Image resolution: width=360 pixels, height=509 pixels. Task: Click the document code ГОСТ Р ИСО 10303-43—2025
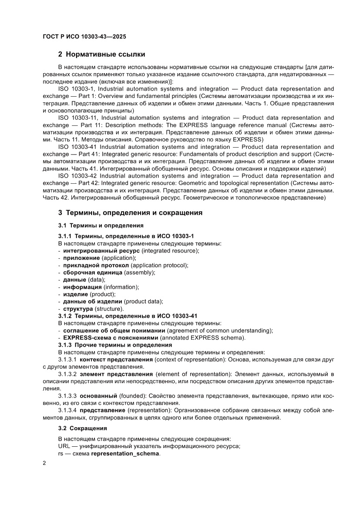(84, 37)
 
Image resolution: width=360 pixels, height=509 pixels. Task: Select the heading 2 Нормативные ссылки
(101, 54)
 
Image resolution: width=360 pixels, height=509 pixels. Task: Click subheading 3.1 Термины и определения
(101, 226)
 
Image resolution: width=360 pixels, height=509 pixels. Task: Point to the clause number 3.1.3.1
(67, 360)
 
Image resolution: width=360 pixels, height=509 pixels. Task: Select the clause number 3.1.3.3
(67, 396)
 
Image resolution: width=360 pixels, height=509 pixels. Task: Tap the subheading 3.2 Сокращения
(82, 428)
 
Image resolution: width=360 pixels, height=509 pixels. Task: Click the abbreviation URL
(64, 446)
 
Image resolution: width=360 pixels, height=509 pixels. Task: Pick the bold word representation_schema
(125, 453)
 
